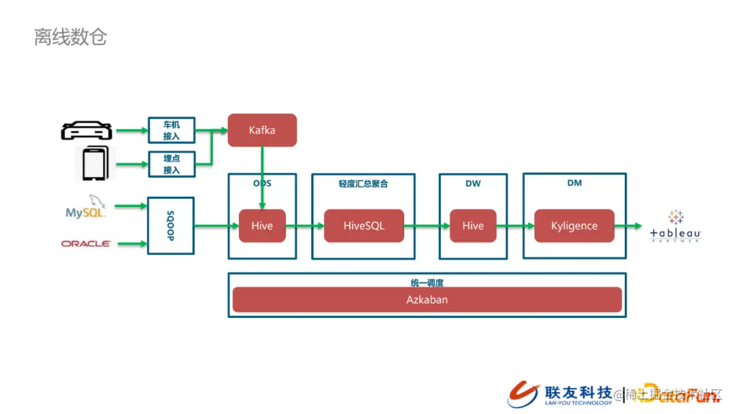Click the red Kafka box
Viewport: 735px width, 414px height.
[262, 129]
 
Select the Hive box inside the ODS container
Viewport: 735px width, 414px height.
[262, 225]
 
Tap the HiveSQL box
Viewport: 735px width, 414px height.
[363, 225]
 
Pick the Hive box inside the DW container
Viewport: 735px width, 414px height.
[473, 225]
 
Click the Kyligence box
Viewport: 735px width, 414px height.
[574, 225]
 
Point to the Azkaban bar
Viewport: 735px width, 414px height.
[427, 300]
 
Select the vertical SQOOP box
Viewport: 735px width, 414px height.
[171, 225]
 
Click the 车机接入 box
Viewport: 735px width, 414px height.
[171, 130]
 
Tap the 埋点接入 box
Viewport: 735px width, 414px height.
[171, 163]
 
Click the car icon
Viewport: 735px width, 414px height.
[86, 130]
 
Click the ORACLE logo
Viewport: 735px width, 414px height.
[86, 243]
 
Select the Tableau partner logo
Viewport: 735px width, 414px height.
[675, 227]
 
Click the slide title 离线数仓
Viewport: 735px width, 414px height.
[70, 37]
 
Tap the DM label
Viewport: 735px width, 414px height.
[574, 183]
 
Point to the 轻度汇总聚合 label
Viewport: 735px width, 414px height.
[363, 184]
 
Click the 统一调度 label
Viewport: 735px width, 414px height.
[427, 281]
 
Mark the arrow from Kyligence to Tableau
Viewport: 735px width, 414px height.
[627, 225]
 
